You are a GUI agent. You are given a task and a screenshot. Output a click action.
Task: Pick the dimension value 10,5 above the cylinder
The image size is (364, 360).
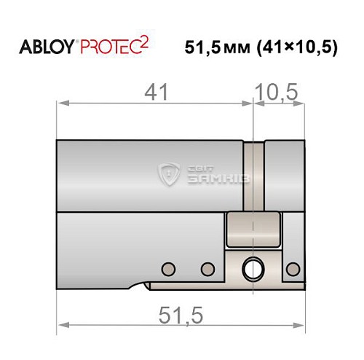coord(277,93)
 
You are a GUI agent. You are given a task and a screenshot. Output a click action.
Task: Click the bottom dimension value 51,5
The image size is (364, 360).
coord(179,314)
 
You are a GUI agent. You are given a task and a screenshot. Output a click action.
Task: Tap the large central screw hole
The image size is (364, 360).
coord(255,267)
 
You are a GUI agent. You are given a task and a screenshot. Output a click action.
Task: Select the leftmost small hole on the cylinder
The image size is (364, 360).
coord(168,267)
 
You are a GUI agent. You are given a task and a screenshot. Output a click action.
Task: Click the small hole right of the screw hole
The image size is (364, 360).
coord(293,267)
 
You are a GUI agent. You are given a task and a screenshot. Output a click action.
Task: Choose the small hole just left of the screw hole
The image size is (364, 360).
coord(207,267)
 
